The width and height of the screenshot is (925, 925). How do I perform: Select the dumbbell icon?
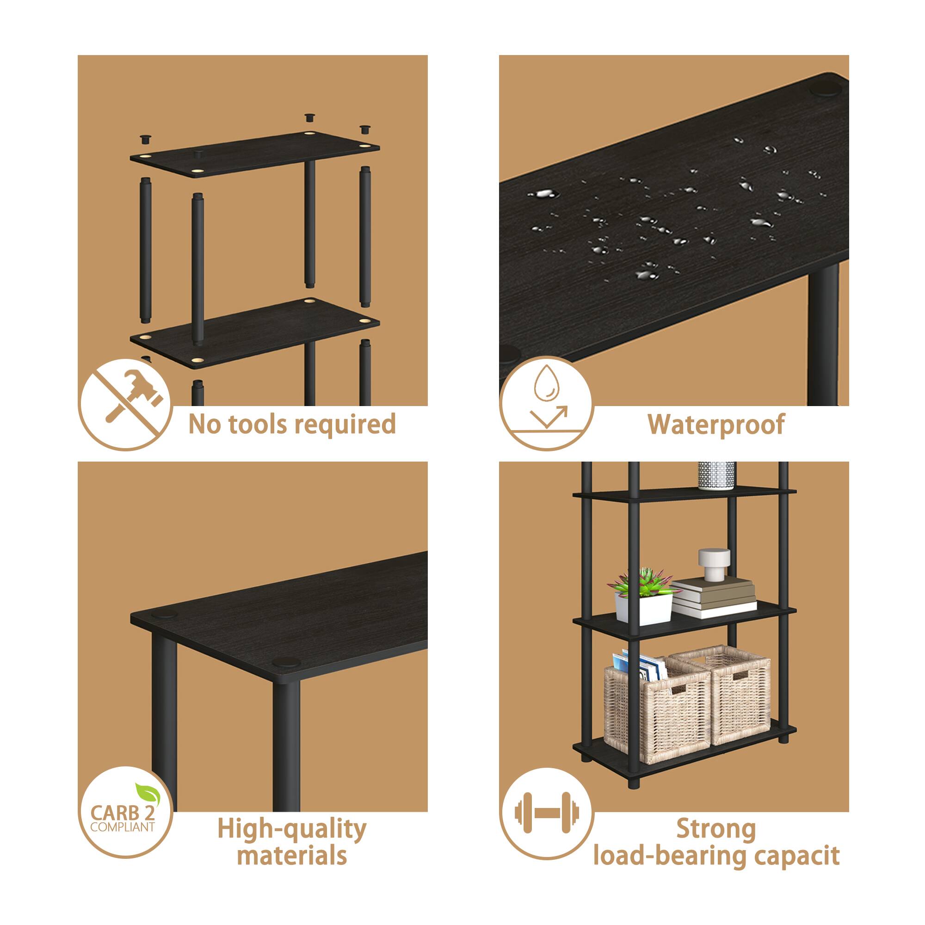coord(546,813)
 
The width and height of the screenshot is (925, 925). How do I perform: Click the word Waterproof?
coord(716,425)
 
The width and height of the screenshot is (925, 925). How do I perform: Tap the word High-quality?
coord(291,830)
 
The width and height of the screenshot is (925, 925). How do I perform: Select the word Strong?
coord(716,830)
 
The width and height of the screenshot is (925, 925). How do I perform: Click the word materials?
coord(291,856)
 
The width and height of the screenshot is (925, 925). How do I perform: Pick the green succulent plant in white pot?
coord(642,596)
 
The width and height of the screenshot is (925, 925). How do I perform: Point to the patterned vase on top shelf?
coord(716,475)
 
